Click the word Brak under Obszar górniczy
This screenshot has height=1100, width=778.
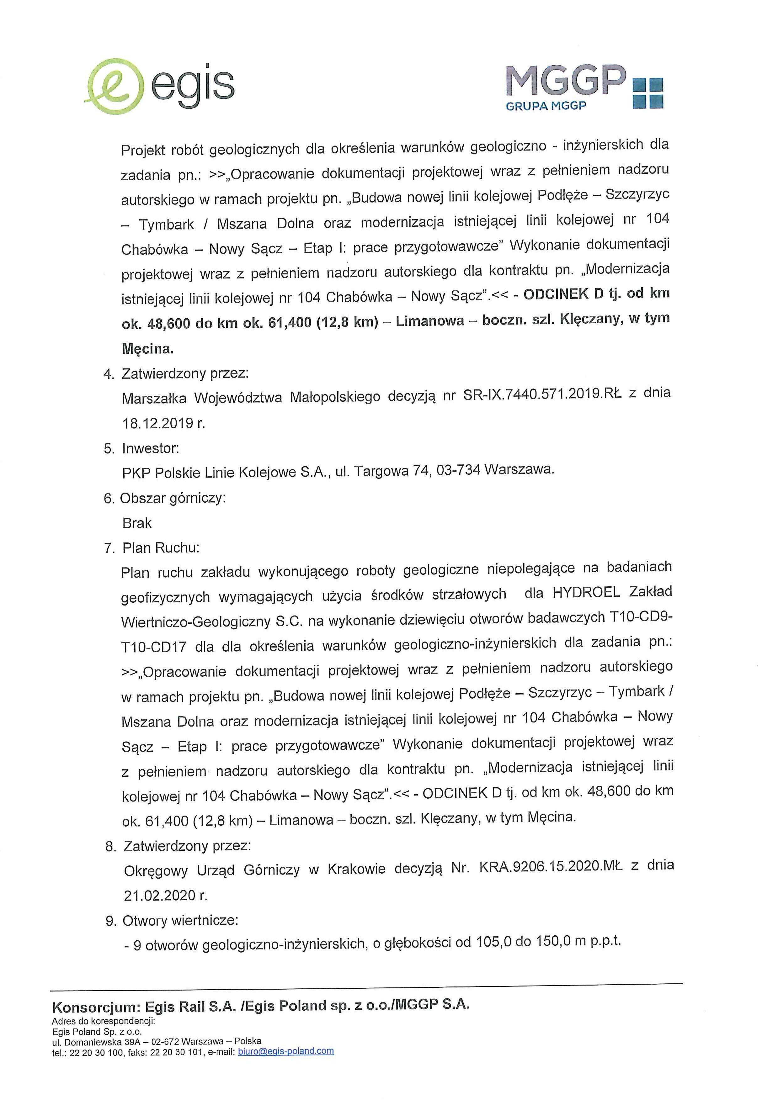coord(137,523)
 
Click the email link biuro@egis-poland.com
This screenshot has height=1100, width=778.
coord(286,1064)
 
